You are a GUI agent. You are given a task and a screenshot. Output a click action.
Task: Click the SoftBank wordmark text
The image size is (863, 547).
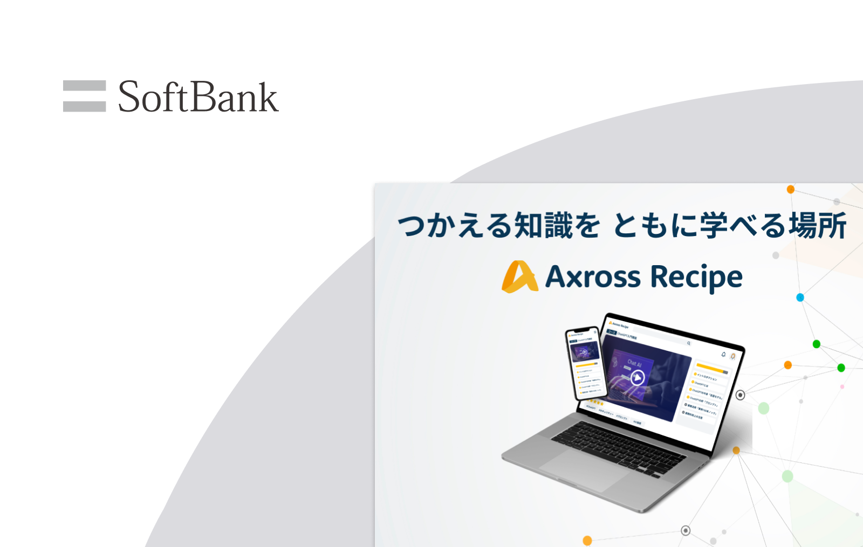198,97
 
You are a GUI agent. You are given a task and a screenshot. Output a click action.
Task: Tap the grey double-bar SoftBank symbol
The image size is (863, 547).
84,96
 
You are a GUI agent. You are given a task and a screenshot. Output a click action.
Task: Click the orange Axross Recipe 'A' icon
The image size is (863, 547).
519,277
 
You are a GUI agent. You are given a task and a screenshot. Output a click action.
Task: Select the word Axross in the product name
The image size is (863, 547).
593,277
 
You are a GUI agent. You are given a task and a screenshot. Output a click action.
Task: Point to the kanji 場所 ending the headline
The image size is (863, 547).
818,225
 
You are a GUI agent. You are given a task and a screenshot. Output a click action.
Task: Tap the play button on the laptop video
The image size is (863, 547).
638,378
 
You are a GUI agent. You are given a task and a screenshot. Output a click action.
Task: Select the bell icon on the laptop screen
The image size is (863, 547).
723,354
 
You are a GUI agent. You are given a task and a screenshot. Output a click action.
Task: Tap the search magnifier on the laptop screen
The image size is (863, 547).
688,343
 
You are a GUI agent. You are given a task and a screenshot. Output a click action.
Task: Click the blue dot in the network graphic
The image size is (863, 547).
800,297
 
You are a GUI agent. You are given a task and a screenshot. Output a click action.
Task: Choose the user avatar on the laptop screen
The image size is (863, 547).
732,356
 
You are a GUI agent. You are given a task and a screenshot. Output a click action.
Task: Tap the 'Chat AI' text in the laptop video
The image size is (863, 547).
634,363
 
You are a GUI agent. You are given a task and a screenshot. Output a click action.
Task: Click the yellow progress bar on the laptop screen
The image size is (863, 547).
711,368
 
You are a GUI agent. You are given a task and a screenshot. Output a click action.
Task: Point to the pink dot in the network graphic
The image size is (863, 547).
842,386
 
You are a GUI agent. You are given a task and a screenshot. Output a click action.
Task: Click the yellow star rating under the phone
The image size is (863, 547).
596,401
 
